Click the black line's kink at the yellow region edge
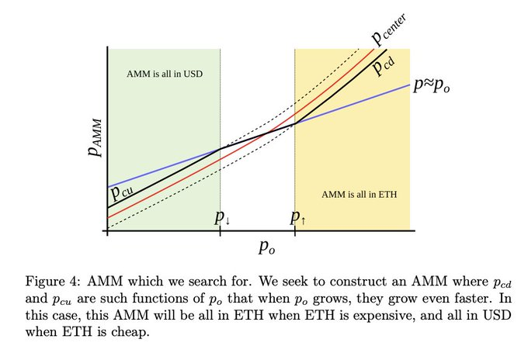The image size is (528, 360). [x=295, y=123]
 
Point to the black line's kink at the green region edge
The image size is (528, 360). [x=221, y=148]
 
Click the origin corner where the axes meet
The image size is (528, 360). [x=106, y=232]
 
